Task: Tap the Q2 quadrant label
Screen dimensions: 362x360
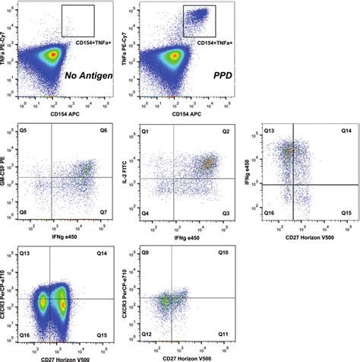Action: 226,131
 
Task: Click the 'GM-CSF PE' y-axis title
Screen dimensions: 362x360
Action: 8,174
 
